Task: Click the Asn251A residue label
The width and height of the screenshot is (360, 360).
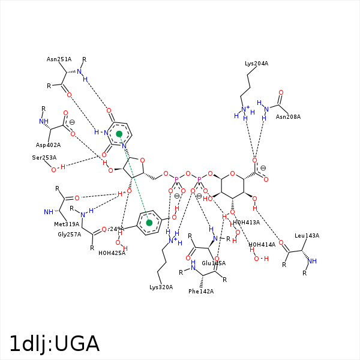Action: coord(59,59)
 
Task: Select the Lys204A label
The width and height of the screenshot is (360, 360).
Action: coord(256,63)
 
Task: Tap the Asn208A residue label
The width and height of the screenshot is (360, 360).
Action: coord(288,116)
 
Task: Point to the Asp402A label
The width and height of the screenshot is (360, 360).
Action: coord(48,145)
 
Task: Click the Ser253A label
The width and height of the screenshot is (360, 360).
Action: coord(44,158)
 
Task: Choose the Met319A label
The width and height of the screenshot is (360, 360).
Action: coord(67,224)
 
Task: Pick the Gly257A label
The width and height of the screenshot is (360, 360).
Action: coord(69,235)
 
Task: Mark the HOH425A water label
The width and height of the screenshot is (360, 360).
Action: coord(112,253)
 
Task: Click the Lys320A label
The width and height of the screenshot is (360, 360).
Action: coord(161,287)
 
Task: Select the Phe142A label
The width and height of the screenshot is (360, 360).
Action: coord(201,291)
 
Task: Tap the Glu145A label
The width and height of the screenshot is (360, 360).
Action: coord(214,263)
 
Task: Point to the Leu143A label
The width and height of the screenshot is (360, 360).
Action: coord(307,236)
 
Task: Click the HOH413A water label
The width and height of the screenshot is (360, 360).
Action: coord(246,222)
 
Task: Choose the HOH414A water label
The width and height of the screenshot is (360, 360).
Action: coord(262,245)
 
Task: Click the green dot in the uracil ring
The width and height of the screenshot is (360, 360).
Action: coord(119,134)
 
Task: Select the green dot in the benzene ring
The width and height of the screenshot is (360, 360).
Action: coord(149,223)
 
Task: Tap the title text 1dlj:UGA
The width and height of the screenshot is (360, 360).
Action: coord(54,343)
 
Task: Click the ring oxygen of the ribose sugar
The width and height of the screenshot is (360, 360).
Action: coord(141,160)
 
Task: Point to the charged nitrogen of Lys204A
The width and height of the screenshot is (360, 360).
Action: coord(244,109)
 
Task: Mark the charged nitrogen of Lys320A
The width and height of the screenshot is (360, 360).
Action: coord(173,241)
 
